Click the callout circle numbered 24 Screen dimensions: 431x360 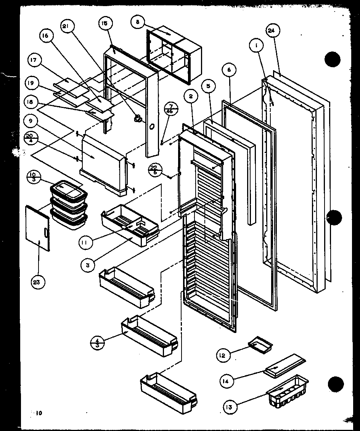tap(273, 31)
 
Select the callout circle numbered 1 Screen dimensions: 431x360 tap(257, 47)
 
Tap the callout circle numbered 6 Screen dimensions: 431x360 tap(229, 70)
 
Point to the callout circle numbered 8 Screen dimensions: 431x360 tap(137, 22)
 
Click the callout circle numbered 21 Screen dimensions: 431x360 tap(67, 26)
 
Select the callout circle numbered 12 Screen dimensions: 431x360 tap(223, 355)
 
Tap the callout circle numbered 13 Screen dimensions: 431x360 tap(230, 407)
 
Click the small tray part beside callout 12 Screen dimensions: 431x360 tap(261, 343)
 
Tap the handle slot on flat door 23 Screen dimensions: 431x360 tap(46, 233)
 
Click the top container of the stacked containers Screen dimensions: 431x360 tap(67, 190)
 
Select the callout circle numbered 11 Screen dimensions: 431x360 tap(87, 242)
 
